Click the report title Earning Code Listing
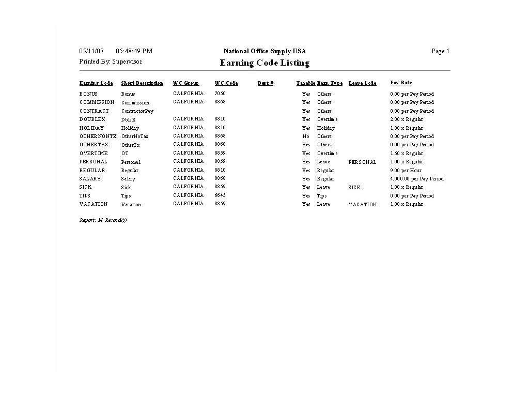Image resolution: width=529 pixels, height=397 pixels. pos(264,63)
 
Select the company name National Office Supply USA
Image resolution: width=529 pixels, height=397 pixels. pos(264,51)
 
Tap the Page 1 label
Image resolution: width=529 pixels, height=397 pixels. pos(440,51)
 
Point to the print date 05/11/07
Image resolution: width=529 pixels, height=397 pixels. pos(91,51)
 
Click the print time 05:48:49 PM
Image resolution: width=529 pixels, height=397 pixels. pos(134,51)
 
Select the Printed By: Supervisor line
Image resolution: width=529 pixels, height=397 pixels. pos(111,62)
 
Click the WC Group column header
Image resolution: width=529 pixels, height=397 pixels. pos(186,83)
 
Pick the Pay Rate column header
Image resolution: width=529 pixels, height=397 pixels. pos(401,83)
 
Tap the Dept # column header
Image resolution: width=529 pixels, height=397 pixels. pos(266,83)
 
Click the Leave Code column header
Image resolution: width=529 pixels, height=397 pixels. pos(362,83)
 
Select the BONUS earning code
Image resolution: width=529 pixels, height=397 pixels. pos(88,94)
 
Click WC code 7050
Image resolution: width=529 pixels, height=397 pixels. pos(220,94)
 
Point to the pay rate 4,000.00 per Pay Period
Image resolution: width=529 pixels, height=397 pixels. pos(416,179)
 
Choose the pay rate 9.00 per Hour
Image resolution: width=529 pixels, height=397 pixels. pos(406,170)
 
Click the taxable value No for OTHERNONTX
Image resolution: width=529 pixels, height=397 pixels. pos(306,136)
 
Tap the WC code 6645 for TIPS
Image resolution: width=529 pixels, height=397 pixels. pos(220,195)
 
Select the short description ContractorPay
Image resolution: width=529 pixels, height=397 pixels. pos(137,111)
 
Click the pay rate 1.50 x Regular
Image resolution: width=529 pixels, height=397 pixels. pos(406,154)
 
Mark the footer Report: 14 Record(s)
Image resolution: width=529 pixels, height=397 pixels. pos(103,220)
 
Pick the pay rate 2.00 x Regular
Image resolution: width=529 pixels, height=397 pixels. pos(406,119)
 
